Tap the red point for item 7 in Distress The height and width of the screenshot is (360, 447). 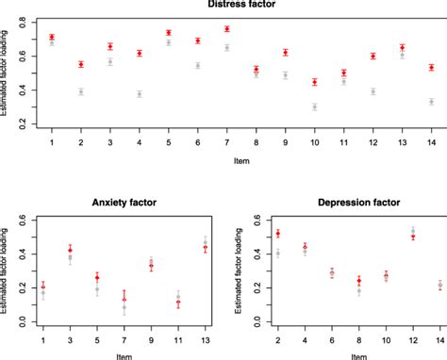tap(227, 29)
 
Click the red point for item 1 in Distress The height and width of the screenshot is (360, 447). tap(52, 37)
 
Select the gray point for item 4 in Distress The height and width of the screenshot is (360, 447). tap(140, 94)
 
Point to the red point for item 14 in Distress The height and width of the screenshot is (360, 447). tap(431, 68)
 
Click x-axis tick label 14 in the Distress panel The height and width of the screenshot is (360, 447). tap(431, 141)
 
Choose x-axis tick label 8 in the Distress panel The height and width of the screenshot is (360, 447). tap(257, 141)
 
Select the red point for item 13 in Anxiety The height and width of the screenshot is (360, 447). tap(206, 248)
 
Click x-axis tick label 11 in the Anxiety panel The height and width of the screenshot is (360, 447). tap(178, 336)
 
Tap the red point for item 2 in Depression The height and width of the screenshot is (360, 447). tap(277, 233)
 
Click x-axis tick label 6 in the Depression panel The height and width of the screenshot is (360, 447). tap(331, 336)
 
